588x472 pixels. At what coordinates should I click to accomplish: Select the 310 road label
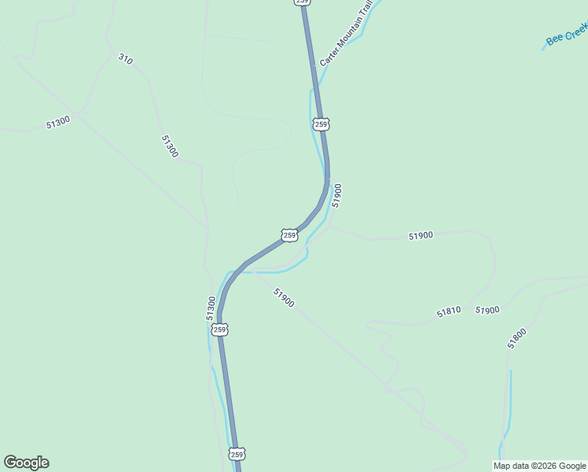125,58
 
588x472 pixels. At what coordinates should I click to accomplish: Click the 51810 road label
449,313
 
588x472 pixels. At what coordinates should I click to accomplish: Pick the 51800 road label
517,337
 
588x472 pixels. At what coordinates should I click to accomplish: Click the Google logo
26,463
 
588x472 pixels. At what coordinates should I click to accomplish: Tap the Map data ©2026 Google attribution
540,466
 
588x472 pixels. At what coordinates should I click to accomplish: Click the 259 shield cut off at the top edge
303,2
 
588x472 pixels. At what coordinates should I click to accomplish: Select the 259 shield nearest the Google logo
237,454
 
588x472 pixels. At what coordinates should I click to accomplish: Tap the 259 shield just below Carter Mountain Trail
320,124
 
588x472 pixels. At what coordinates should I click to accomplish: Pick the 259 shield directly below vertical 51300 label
220,330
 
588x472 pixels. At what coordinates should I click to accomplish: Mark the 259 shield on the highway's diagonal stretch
289,234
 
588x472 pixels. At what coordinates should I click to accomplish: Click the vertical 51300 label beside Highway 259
211,307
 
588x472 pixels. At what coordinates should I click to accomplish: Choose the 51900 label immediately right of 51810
487,310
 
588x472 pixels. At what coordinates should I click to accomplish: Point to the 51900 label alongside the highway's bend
337,195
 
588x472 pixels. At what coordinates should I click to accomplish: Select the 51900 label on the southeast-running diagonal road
284,297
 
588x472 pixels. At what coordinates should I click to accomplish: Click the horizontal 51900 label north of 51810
421,235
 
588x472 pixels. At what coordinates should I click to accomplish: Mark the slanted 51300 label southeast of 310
170,146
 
